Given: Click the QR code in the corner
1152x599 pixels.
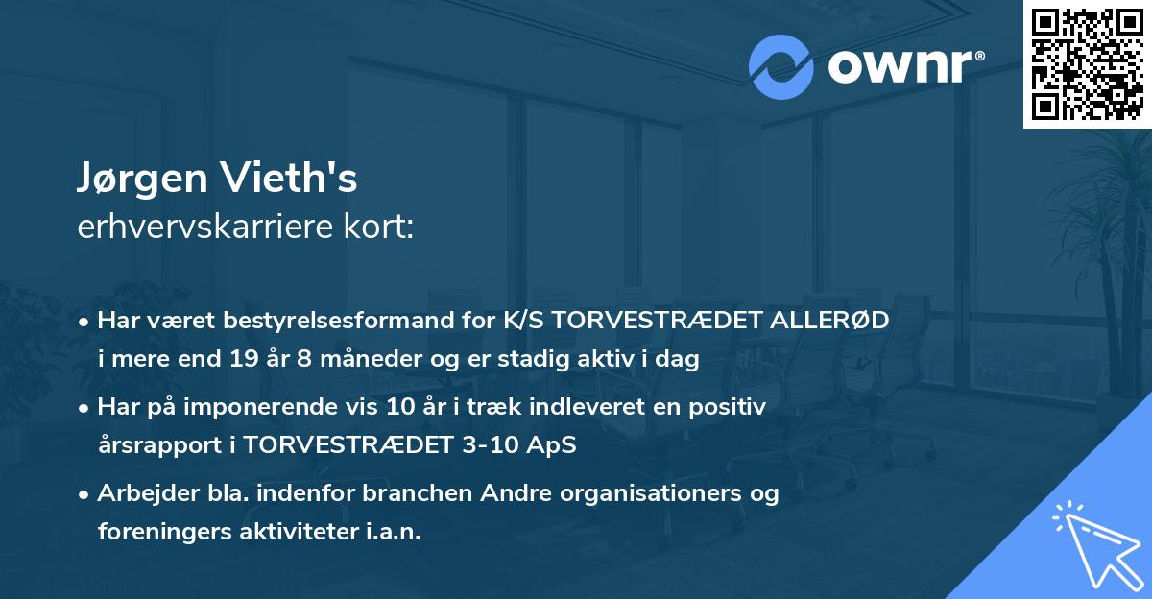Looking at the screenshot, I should coord(1087,64).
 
